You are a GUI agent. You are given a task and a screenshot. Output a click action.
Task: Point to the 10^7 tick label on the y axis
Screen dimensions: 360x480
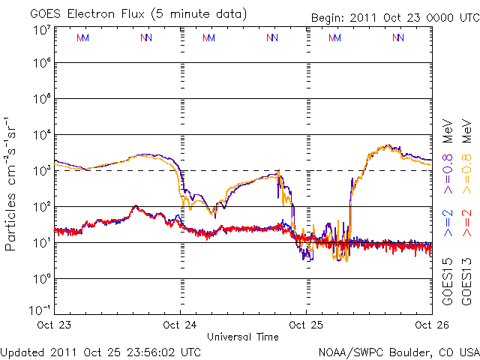click(x=41, y=30)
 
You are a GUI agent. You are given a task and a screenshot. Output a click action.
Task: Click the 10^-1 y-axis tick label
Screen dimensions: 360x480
click(x=39, y=310)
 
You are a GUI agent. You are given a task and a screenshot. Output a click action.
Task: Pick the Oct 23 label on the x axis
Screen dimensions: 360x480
click(x=54, y=325)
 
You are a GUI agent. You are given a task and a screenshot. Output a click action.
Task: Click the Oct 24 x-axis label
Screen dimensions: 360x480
click(x=181, y=325)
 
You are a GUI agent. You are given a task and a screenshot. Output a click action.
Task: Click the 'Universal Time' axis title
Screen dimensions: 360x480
click(x=243, y=337)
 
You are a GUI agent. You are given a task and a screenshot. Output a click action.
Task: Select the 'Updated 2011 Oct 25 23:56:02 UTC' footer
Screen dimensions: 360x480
click(x=101, y=351)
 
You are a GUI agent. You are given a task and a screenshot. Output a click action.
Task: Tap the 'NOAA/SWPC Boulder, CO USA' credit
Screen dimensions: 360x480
click(x=398, y=351)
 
